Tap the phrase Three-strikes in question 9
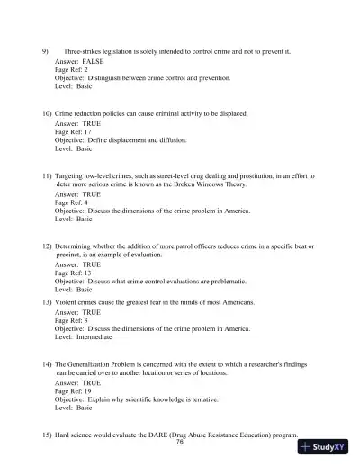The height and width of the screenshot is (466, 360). click(x=86, y=51)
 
